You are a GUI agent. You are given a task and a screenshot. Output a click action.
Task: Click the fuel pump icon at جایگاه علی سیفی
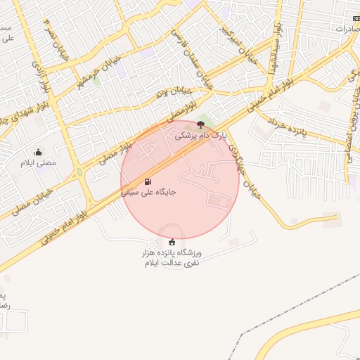coord(147,181)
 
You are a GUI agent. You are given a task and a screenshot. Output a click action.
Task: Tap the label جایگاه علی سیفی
coord(148,191)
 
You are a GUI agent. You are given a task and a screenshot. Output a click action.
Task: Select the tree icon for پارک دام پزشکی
coord(202,124)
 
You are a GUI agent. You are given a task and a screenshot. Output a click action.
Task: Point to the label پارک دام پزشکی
coord(202,136)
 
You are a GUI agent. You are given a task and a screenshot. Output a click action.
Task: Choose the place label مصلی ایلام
coord(39,163)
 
